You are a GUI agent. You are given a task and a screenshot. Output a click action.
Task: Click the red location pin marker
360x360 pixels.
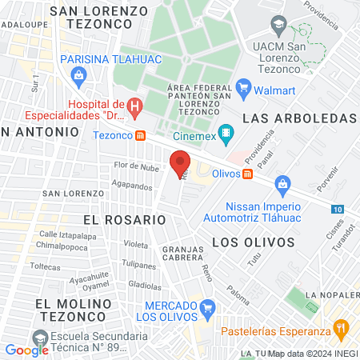click(x=180, y=163)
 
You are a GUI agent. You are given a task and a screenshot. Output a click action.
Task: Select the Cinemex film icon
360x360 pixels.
click(x=226, y=132)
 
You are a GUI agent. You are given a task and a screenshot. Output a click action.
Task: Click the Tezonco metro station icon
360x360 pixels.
click(x=141, y=135)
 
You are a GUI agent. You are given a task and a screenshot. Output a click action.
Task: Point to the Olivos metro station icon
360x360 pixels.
click(x=248, y=174)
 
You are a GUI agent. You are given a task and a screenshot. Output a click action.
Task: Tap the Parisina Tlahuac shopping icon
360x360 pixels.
click(x=78, y=76)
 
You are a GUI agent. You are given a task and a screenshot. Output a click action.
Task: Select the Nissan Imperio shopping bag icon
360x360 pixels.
click(x=282, y=185)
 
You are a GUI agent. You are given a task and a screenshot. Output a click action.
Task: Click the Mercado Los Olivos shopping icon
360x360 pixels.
click(x=208, y=306)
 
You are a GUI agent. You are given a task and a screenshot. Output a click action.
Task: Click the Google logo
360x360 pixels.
click(x=26, y=350)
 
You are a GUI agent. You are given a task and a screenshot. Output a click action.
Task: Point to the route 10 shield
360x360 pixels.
click(x=338, y=208)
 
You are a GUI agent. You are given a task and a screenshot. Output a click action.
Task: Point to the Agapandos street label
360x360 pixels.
click(x=132, y=186)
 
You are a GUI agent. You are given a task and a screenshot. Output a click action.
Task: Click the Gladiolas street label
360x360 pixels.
click(x=145, y=284)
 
